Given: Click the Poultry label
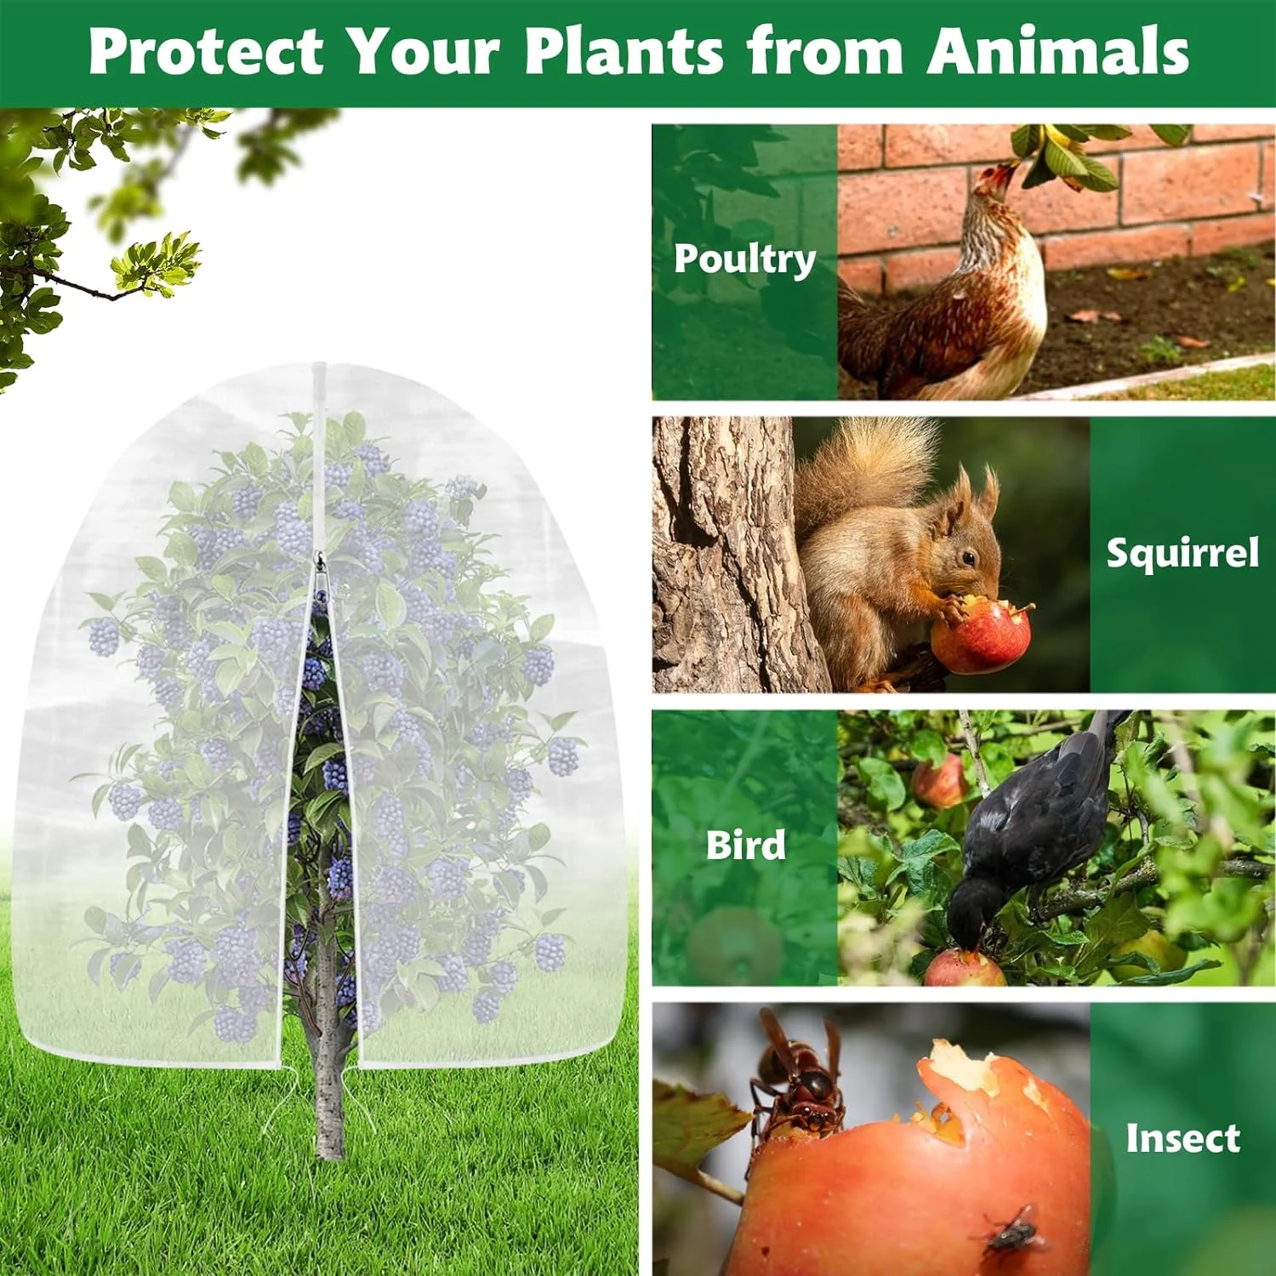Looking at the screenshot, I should pos(744,259).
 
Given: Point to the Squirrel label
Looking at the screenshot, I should pos(1182,554).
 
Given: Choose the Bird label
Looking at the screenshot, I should pos(745,846).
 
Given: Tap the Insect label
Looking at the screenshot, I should pos(1182,1138).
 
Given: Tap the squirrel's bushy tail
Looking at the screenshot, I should pos(859,468).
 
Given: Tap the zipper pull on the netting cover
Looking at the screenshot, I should pos(321,564).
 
